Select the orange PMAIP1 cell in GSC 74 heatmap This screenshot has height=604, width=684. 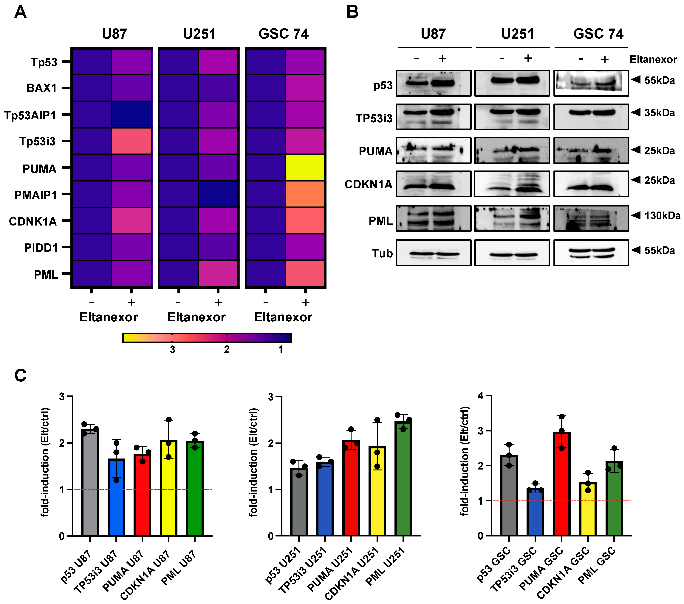pyautogui.click(x=305, y=194)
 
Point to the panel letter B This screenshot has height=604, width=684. pyautogui.click(x=352, y=12)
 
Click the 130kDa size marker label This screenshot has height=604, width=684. pyautogui.click(x=662, y=216)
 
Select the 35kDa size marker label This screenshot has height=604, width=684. pyautogui.click(x=659, y=113)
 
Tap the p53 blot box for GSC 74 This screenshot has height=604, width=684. pyautogui.click(x=591, y=83)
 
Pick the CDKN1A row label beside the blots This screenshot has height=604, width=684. pyautogui.click(x=368, y=184)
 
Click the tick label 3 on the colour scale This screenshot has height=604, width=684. pyautogui.click(x=172, y=350)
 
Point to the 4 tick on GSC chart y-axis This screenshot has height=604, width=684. pyautogui.click(x=481, y=396)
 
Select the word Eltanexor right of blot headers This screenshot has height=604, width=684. pyautogui.click(x=653, y=60)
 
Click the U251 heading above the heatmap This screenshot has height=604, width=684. pyautogui.click(x=199, y=34)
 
